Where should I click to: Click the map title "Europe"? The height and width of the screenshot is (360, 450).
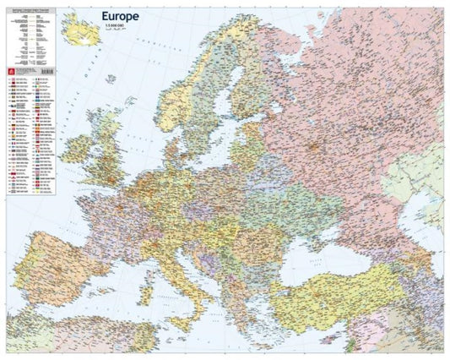tap(125, 15)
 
